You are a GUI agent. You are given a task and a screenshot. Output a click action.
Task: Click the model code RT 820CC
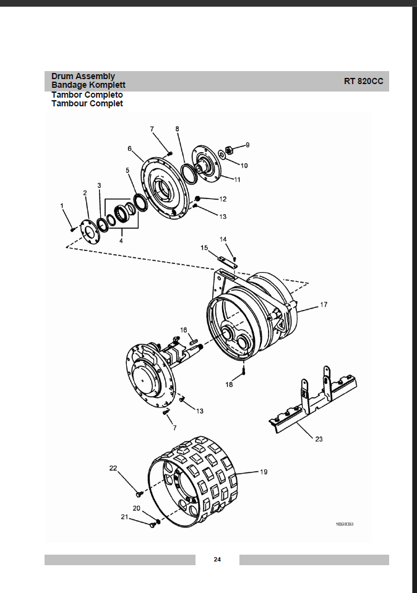click(363, 81)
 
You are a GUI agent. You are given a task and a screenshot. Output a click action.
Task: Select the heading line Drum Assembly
click(83, 77)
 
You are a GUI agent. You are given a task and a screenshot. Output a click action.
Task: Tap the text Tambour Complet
click(87, 104)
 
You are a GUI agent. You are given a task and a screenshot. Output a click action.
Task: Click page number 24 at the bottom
click(217, 560)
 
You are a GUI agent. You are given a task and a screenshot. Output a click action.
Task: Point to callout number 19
click(264, 472)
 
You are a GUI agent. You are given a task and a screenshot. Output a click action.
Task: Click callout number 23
click(319, 438)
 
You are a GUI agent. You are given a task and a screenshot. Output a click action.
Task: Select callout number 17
click(324, 304)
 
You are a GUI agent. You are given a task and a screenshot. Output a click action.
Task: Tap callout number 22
click(113, 468)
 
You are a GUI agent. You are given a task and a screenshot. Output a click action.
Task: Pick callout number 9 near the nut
click(247, 145)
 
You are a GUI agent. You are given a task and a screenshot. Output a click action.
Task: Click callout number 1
click(62, 206)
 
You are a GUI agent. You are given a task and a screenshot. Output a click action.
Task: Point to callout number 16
click(184, 330)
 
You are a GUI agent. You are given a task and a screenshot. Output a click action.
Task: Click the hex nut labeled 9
click(228, 150)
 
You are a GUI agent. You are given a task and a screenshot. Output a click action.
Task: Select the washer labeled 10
click(221, 154)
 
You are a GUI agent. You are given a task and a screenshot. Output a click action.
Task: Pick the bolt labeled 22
click(139, 493)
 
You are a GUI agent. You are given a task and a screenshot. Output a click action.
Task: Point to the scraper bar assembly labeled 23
click(313, 400)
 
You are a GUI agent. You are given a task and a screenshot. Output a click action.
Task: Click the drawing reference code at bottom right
click(345, 524)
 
